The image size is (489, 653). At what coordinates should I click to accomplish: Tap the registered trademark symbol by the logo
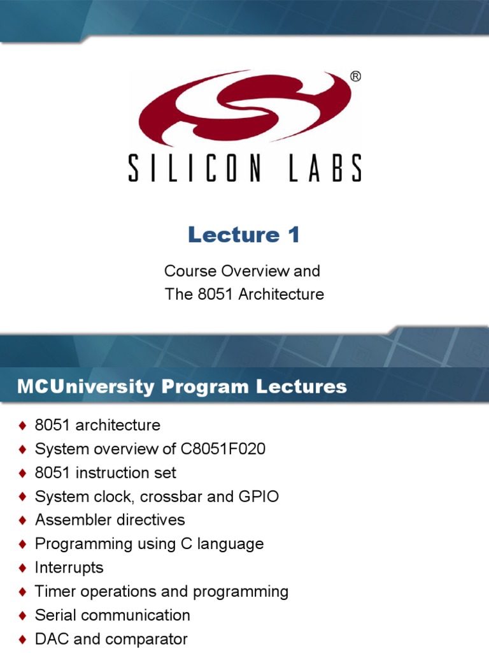(x=355, y=77)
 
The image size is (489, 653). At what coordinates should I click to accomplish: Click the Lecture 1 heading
(x=244, y=235)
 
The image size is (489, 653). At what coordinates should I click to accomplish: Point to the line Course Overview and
(x=242, y=271)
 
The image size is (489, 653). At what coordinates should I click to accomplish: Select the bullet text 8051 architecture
(x=97, y=425)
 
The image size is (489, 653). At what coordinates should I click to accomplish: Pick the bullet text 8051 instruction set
(x=106, y=473)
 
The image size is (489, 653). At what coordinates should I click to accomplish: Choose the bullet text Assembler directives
(x=110, y=520)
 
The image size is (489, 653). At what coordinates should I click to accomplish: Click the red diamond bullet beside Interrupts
(x=23, y=568)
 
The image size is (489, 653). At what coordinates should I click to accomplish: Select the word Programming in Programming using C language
(x=75, y=545)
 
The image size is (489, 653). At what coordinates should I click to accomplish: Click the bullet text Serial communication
(x=112, y=616)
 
